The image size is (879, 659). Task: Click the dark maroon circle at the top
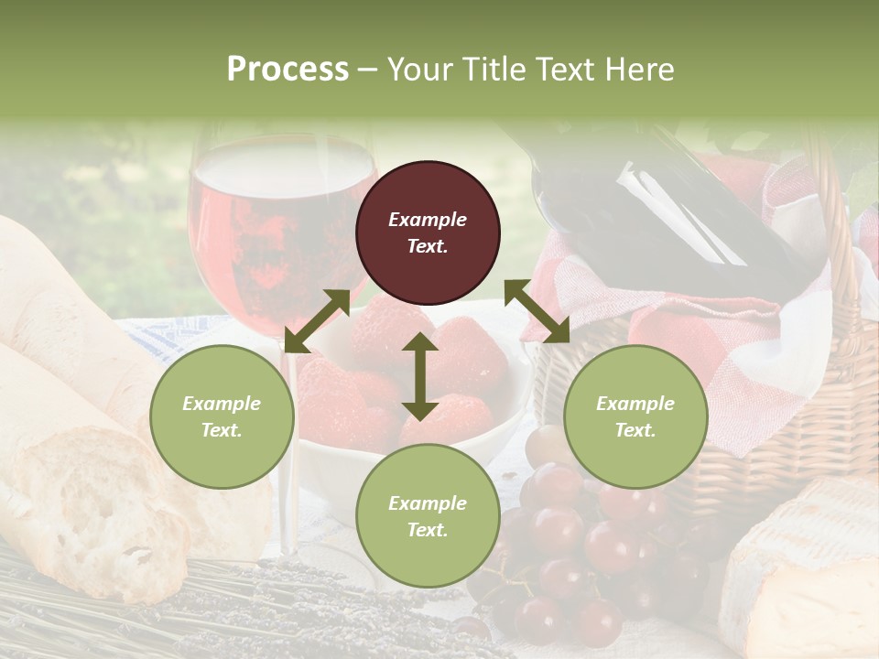pyautogui.click(x=428, y=233)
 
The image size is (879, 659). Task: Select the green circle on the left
pyautogui.click(x=222, y=417)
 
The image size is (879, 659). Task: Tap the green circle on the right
pyautogui.click(x=635, y=417)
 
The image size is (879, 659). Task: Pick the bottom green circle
pyautogui.click(x=428, y=516)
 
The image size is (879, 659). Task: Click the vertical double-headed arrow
pyautogui.click(x=419, y=376)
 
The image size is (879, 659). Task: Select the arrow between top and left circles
pyautogui.click(x=317, y=320)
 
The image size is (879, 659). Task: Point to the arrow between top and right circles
pyautogui.click(x=537, y=311)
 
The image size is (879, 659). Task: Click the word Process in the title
pyautogui.click(x=288, y=69)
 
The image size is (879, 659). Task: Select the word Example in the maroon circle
pyautogui.click(x=428, y=220)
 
